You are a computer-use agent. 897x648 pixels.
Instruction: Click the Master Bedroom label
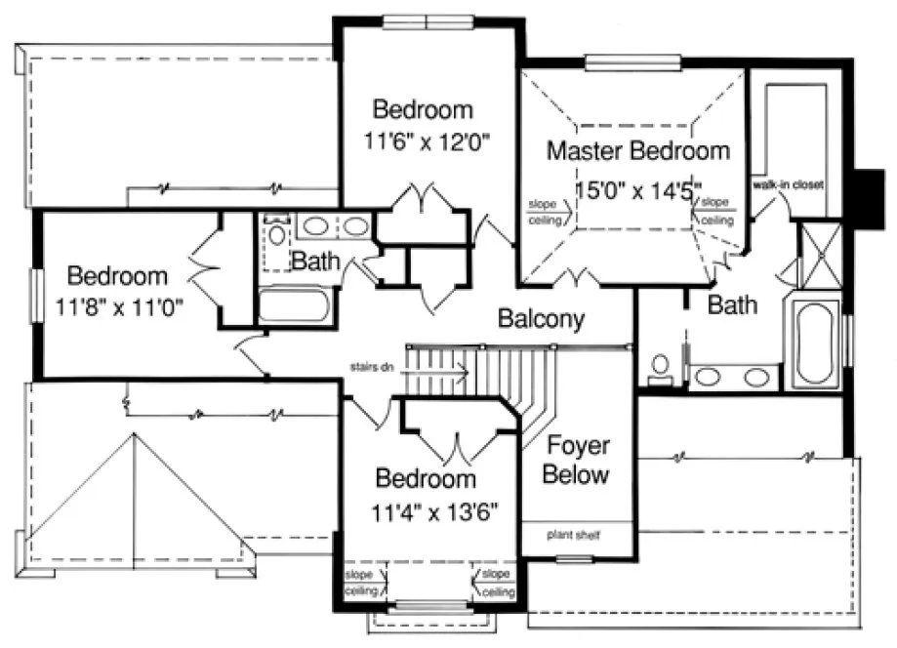[637, 151]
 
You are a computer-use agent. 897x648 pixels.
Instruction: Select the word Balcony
[541, 318]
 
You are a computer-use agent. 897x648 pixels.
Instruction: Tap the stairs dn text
[371, 368]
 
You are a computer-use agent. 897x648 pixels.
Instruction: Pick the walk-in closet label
[790, 183]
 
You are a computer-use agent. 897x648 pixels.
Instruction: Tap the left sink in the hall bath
[314, 227]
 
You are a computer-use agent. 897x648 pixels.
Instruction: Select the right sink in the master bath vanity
[756, 376]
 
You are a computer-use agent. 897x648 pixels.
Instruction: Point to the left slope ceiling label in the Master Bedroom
[543, 213]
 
